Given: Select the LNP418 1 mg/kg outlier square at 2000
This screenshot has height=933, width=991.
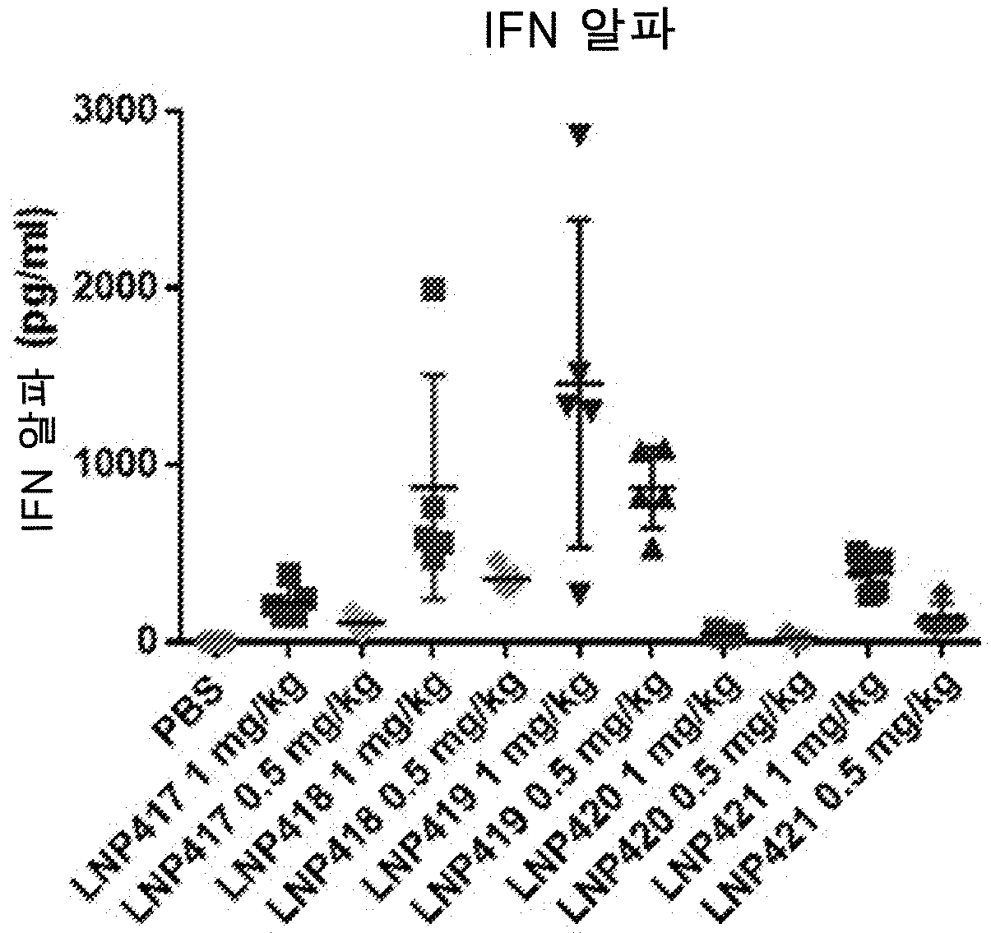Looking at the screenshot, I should pos(434,289).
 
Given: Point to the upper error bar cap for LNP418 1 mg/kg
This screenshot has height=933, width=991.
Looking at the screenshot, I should pos(434,375).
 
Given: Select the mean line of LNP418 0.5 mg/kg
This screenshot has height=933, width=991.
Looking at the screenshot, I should pos(507,578).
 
